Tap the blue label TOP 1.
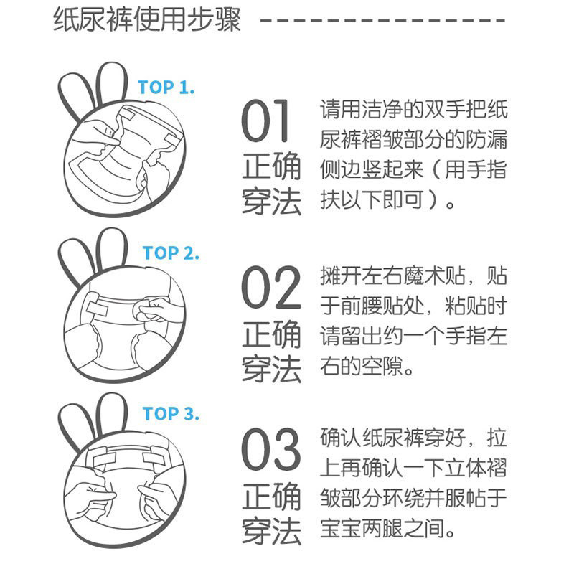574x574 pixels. tap(166, 88)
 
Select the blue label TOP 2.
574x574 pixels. tap(171, 253)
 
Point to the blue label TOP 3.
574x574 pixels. tap(171, 415)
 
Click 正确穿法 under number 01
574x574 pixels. tap(271, 184)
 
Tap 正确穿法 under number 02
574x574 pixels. tap(271, 352)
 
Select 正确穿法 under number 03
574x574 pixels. tap(271, 514)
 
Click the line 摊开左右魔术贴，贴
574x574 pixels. tap(413, 276)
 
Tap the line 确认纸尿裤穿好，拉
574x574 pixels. tap(413, 438)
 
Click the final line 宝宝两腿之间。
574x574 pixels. tap(387, 531)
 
